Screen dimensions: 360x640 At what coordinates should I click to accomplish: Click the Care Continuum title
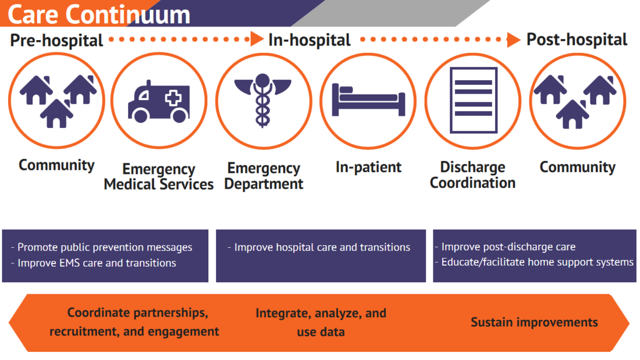[x=99, y=15]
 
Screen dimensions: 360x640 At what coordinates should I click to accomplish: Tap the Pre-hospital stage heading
[x=56, y=40]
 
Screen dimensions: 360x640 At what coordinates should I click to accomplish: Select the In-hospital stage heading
[x=309, y=40]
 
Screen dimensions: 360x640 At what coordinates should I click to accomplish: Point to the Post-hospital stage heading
[x=577, y=40]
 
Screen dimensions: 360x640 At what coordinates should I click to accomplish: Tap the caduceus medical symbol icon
[x=263, y=100]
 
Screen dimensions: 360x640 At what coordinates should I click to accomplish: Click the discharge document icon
[x=472, y=100]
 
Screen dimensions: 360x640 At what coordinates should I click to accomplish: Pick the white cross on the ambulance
[x=173, y=98]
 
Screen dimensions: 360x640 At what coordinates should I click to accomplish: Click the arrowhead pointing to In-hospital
[x=257, y=40]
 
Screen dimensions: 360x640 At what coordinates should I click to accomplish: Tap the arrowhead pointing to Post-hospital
[x=513, y=40]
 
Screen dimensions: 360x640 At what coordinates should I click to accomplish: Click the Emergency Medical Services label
[x=159, y=177]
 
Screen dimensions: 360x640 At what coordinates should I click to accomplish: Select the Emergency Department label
[x=264, y=176]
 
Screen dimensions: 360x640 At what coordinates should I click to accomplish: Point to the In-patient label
[x=368, y=167]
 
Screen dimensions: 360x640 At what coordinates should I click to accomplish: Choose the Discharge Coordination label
[x=472, y=175]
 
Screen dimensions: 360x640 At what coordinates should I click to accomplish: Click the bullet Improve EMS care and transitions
[x=97, y=263]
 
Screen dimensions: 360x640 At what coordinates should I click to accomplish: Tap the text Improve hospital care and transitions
[x=322, y=247]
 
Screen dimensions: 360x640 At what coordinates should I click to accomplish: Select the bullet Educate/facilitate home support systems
[x=537, y=262]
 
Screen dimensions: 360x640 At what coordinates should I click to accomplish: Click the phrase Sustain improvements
[x=534, y=322]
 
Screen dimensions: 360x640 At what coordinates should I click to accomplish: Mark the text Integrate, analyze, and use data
[x=321, y=322]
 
